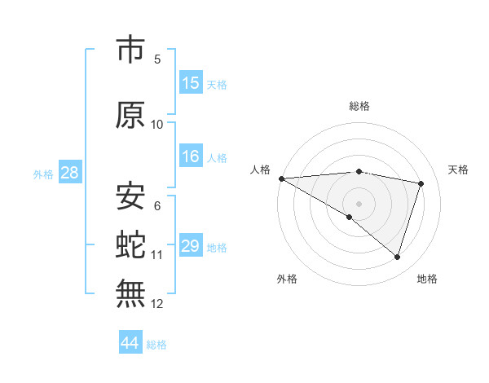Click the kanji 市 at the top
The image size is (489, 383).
click(x=130, y=50)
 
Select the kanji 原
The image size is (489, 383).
click(x=130, y=115)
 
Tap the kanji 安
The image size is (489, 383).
click(x=130, y=196)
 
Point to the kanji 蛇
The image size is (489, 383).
click(x=130, y=244)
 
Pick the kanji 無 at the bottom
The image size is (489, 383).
click(x=130, y=293)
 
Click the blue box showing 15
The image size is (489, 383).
click(x=191, y=83)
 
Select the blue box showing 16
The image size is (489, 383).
click(x=191, y=156)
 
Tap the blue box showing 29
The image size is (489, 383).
click(x=191, y=246)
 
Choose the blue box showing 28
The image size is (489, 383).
click(x=69, y=173)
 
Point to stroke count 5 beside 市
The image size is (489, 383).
click(x=157, y=59)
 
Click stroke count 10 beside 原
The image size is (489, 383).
click(x=157, y=125)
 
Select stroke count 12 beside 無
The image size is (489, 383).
click(x=157, y=304)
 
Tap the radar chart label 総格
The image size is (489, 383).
click(x=359, y=106)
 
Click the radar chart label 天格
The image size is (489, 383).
click(x=459, y=169)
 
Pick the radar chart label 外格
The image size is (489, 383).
click(x=287, y=279)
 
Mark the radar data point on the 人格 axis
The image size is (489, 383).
click(x=281, y=178)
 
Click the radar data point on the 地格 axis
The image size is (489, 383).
click(x=398, y=257)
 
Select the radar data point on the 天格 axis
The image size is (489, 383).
click(x=421, y=183)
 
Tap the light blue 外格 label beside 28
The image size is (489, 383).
click(x=42, y=174)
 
